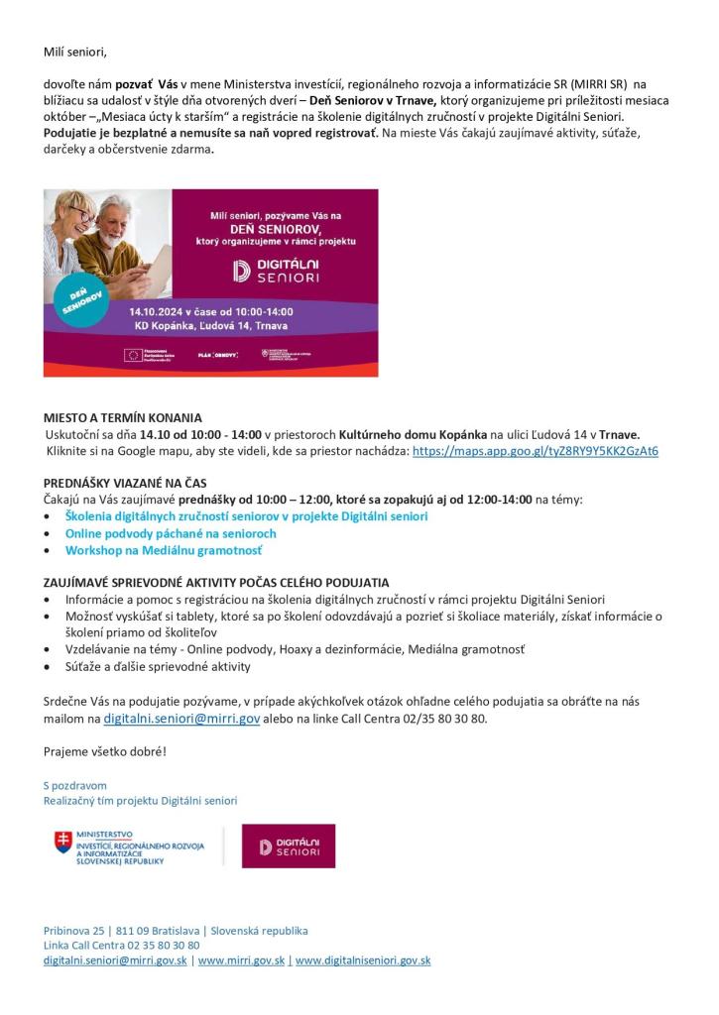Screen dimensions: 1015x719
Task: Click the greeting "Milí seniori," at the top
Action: [74, 51]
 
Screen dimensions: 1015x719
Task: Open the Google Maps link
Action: [535, 451]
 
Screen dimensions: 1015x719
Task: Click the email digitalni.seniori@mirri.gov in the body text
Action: [181, 719]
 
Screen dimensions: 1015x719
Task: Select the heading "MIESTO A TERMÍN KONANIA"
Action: [123, 418]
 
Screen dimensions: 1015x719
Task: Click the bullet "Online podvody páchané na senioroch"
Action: [171, 533]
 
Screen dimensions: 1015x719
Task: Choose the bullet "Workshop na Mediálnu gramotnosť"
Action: [164, 550]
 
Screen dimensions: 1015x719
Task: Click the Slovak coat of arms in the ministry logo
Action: [63, 844]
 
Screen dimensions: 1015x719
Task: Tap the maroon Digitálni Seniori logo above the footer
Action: [289, 846]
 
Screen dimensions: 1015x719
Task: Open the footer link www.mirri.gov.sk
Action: [239, 960]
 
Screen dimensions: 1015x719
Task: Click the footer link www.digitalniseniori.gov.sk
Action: [363, 960]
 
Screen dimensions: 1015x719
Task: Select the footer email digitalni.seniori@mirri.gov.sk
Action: [115, 960]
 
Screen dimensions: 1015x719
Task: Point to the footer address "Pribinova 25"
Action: [71, 931]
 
